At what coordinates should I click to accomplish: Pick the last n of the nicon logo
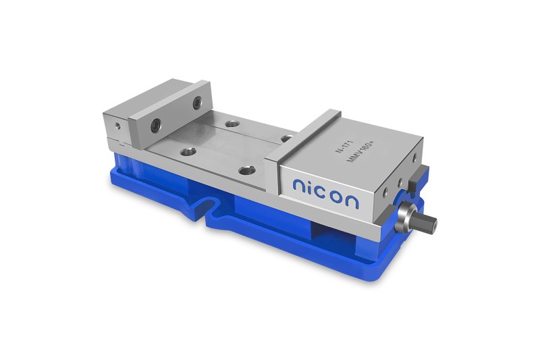point(352,201)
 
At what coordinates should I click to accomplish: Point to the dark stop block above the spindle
point(418,178)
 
